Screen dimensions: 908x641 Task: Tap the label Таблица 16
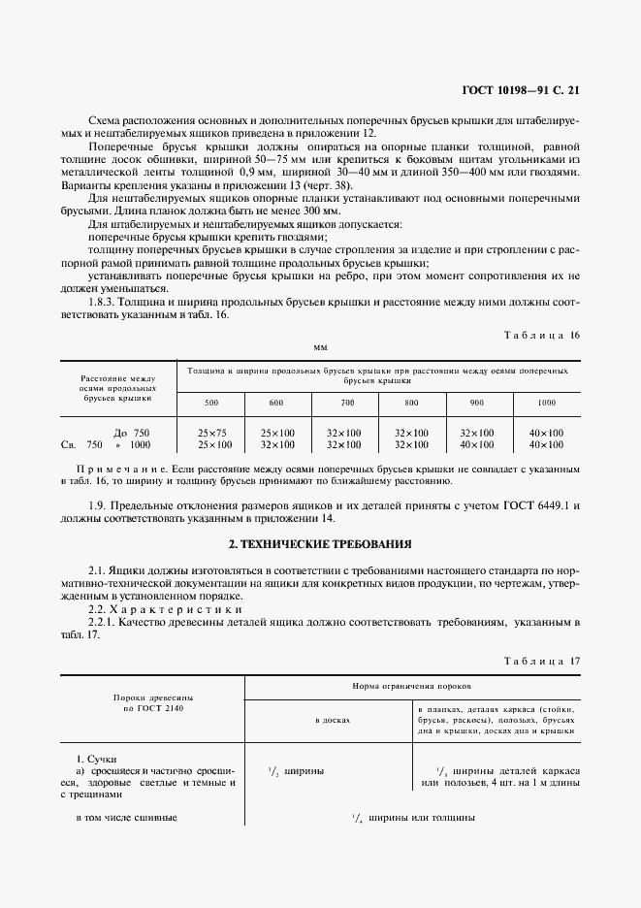point(542,335)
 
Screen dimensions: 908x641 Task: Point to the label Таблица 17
point(542,661)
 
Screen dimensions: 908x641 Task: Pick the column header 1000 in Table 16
point(547,402)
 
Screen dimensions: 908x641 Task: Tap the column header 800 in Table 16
point(411,402)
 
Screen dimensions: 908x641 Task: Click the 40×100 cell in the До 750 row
point(547,432)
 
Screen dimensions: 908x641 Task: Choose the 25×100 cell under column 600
point(276,432)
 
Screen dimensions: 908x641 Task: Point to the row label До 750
point(131,432)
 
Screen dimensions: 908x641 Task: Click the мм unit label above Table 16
point(320,346)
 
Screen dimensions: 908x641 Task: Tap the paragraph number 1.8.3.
point(104,302)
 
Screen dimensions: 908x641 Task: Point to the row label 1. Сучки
point(96,756)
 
